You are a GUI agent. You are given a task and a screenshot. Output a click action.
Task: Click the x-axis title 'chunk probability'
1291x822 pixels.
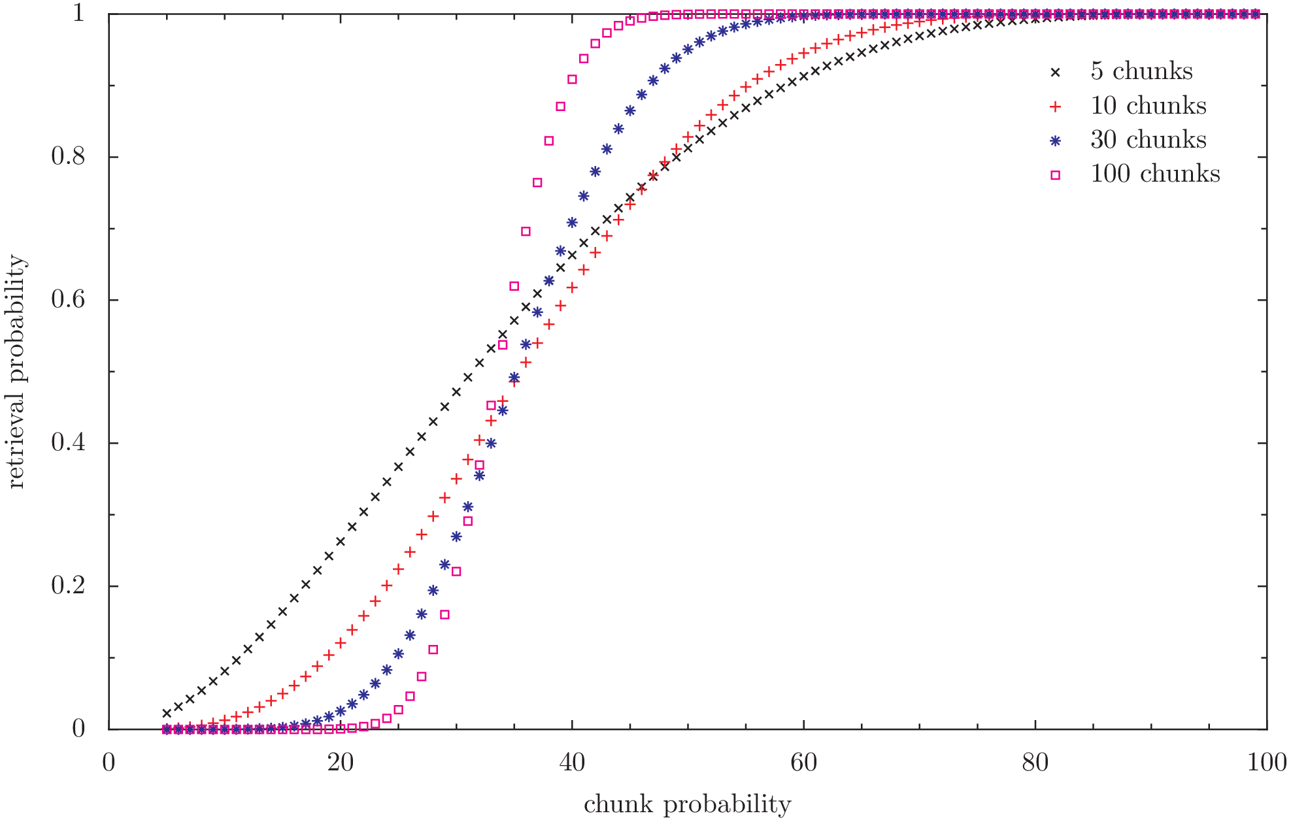click(687, 804)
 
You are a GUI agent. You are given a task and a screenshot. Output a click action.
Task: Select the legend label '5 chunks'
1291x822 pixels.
click(1141, 71)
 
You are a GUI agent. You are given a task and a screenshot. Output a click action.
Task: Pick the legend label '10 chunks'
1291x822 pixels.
click(1148, 105)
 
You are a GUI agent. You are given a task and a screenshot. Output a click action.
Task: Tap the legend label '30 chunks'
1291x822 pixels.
click(1148, 140)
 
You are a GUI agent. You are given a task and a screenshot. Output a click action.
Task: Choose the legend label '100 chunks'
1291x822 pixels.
click(1155, 174)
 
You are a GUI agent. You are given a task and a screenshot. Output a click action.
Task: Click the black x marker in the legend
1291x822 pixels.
click(1055, 73)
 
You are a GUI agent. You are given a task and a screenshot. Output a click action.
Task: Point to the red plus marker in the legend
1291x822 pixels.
click(1055, 107)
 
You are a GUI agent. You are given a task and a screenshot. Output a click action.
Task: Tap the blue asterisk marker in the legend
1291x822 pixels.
click(1055, 140)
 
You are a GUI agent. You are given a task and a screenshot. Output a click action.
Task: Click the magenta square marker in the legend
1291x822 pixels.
click(1055, 175)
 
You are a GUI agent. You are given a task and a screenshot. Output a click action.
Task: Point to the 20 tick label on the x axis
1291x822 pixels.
click(341, 763)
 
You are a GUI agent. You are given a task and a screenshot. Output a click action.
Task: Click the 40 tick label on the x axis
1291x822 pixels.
click(572, 763)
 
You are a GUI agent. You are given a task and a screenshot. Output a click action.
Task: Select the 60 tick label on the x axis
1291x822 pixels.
click(803, 763)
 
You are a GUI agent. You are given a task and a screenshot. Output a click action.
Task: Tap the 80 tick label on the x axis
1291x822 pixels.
click(1035, 763)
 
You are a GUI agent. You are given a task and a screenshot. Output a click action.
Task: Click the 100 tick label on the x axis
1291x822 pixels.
click(1266, 763)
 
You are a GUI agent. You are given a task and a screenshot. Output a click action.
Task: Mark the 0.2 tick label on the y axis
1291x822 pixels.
click(68, 585)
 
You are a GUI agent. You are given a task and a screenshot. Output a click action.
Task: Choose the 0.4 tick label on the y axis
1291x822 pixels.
click(68, 443)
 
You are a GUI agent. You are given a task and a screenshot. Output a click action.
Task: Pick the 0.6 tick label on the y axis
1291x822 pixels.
click(68, 300)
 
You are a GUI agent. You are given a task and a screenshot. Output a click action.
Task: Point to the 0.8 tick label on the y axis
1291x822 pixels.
click(68, 157)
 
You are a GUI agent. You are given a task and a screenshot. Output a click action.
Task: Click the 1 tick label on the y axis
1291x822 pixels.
click(78, 14)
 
